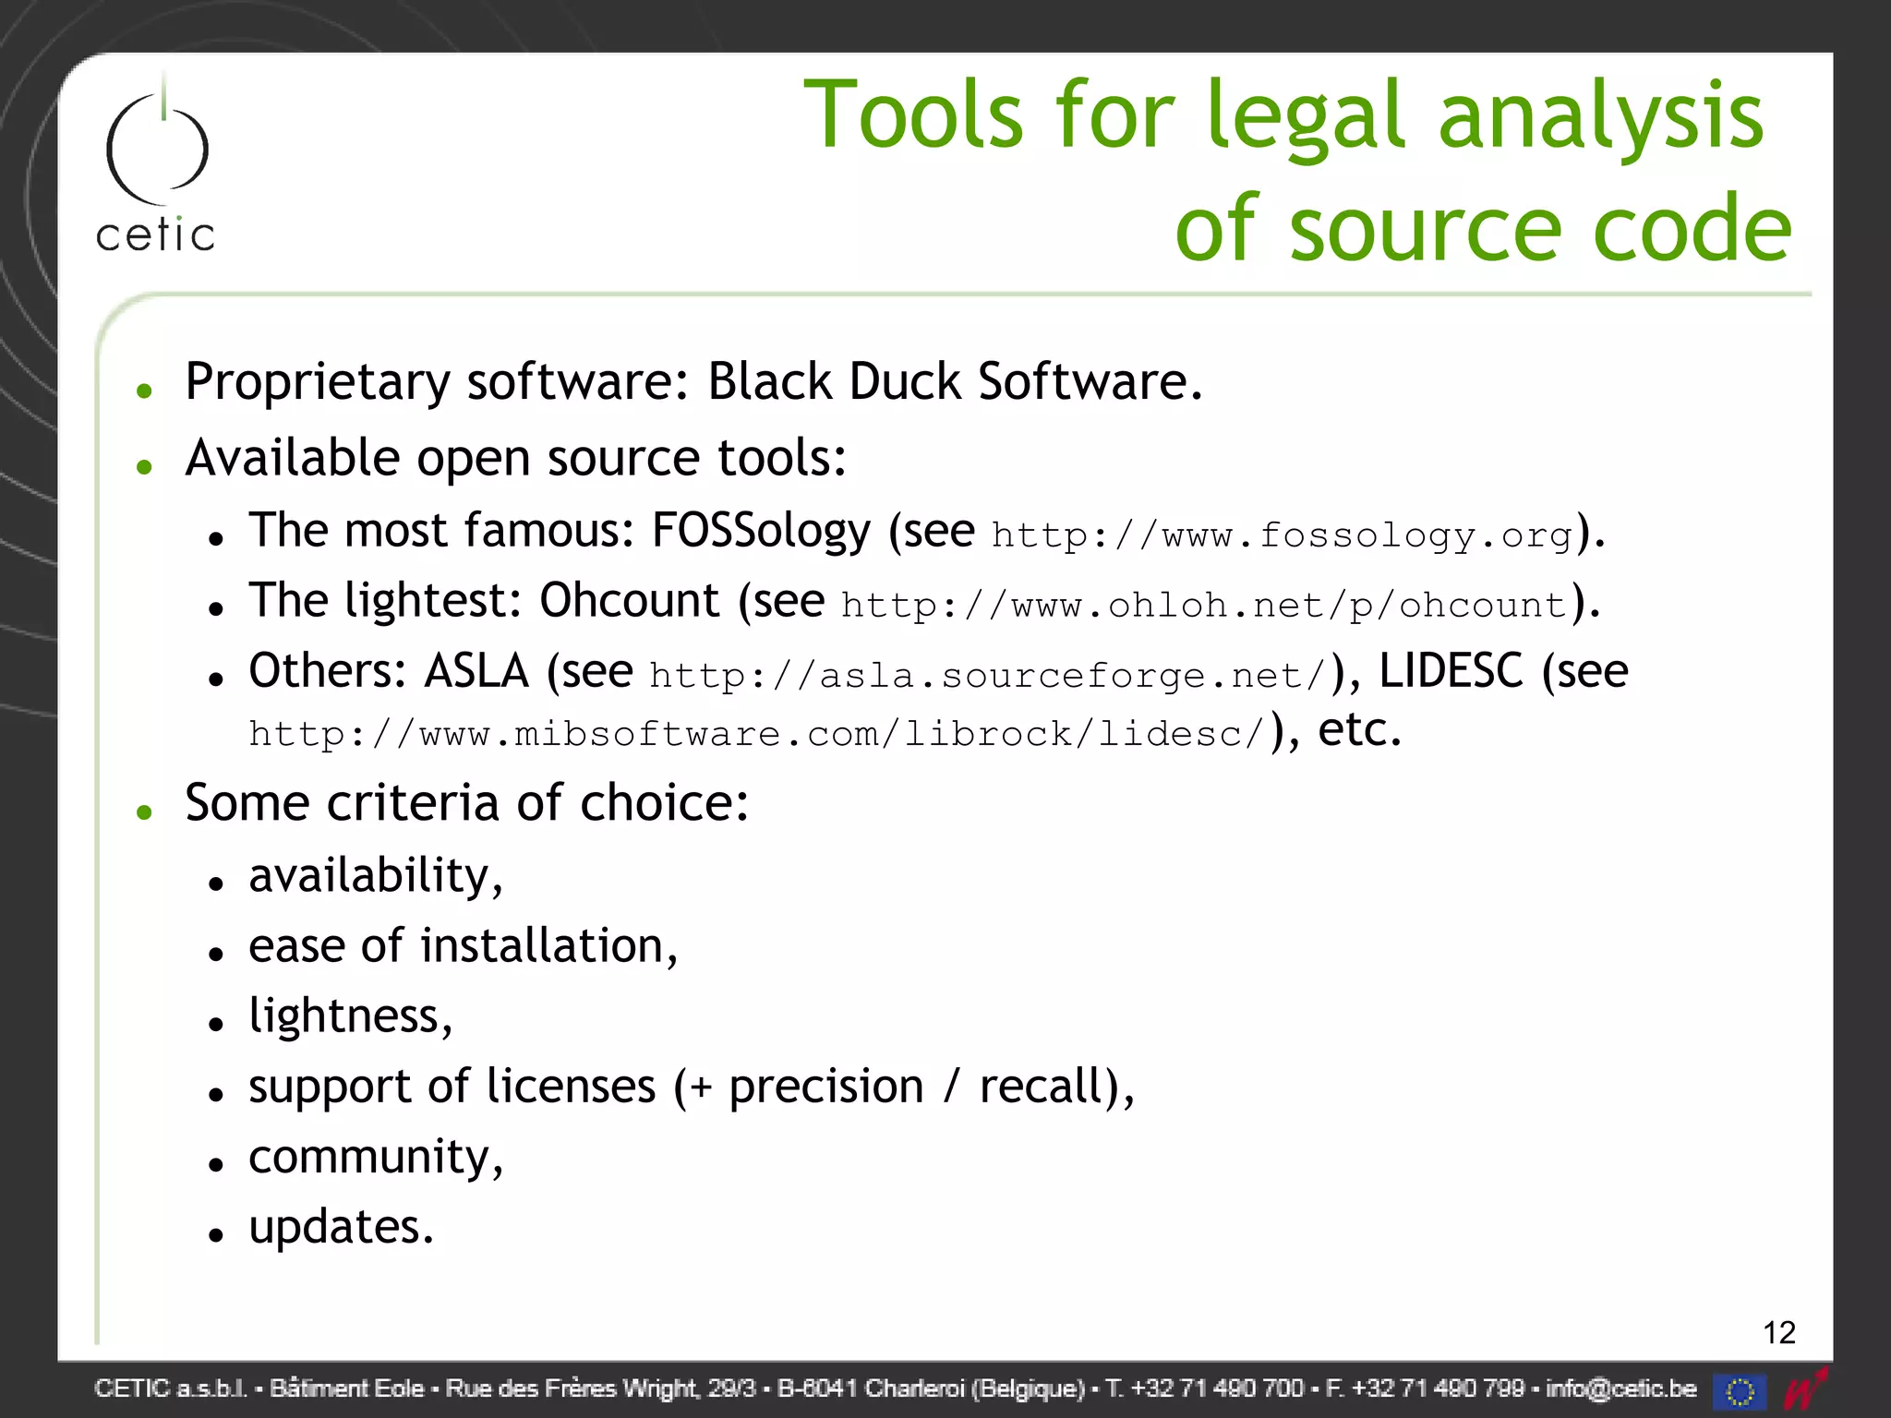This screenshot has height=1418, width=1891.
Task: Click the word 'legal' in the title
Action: pos(1306,115)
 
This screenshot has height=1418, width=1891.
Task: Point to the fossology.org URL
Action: pos(1282,535)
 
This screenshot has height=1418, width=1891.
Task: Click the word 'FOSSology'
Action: pos(761,532)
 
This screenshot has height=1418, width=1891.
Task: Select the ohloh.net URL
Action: pos(1204,606)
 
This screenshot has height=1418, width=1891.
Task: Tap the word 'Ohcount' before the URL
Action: pos(629,601)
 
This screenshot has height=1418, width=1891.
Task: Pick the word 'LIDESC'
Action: pos(1451,671)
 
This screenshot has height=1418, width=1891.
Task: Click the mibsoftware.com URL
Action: pos(756,735)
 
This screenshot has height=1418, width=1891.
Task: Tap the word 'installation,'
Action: pos(548,946)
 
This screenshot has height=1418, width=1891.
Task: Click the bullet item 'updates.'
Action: pos(341,1228)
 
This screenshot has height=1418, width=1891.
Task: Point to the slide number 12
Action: pos(1778,1332)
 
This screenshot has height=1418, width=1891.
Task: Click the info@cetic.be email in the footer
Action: pos(1620,1388)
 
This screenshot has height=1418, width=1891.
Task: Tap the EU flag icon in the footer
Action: pos(1740,1390)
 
